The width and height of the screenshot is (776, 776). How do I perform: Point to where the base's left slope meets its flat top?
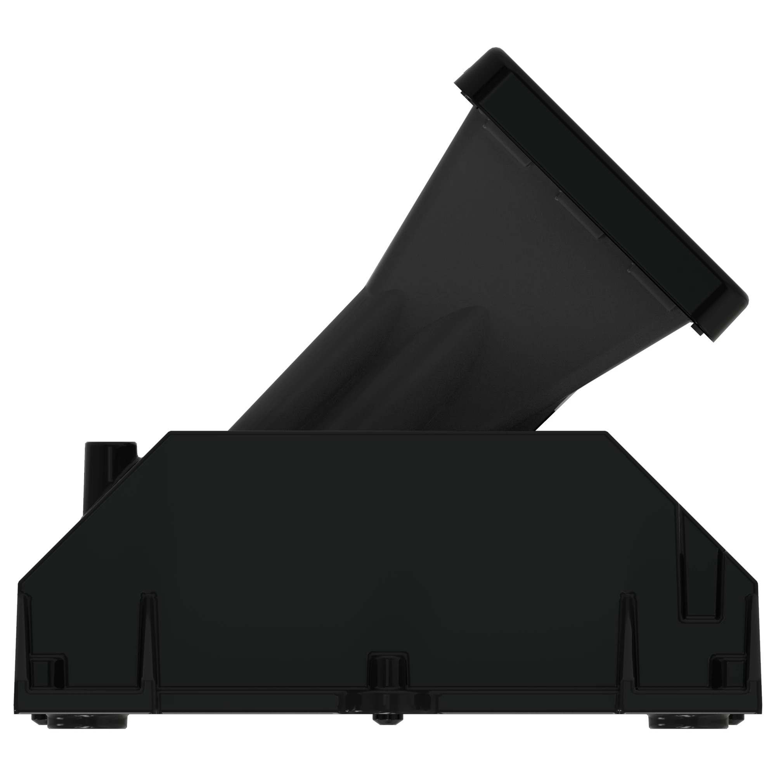click(171, 432)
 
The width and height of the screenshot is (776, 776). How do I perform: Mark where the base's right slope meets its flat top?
click(606, 432)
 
